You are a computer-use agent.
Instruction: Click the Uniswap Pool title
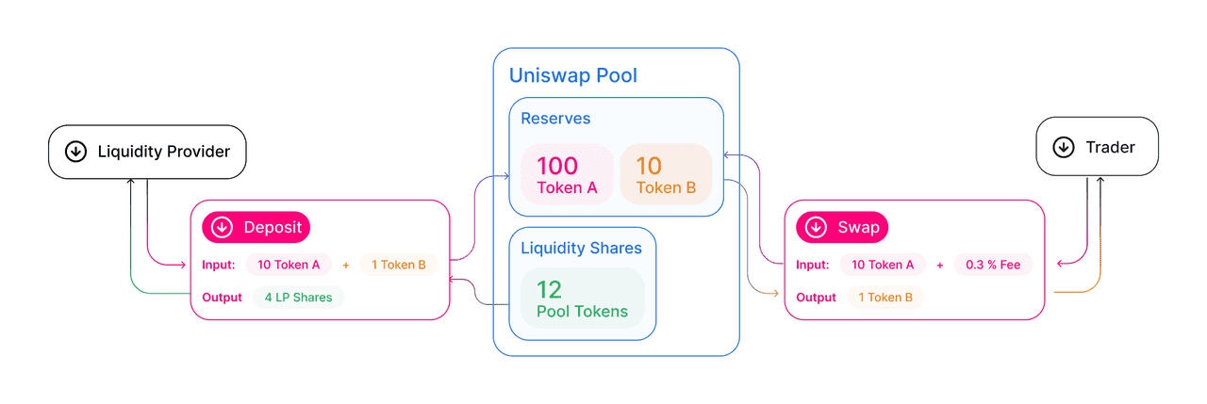tap(573, 75)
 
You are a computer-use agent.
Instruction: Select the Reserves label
tap(555, 119)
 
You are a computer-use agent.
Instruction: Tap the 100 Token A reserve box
tap(567, 175)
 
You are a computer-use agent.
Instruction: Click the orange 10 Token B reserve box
tap(666, 175)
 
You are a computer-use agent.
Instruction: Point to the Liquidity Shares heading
tap(581, 249)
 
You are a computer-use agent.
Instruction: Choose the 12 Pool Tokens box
tap(582, 299)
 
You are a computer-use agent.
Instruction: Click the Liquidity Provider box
tap(147, 151)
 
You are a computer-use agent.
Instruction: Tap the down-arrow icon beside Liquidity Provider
tap(75, 151)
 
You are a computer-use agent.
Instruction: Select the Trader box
tap(1097, 147)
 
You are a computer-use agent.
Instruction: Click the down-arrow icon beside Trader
tap(1063, 147)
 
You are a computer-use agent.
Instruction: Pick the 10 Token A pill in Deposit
tap(289, 265)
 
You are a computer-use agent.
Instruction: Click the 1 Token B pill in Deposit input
tap(398, 265)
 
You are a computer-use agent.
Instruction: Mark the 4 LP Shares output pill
tap(298, 298)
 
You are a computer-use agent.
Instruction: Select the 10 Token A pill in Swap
tap(883, 265)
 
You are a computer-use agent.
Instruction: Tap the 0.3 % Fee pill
tap(993, 265)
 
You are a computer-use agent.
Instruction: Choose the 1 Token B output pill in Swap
tap(885, 298)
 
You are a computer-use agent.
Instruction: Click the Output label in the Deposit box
tap(223, 298)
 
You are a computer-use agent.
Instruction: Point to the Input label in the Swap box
tap(813, 265)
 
